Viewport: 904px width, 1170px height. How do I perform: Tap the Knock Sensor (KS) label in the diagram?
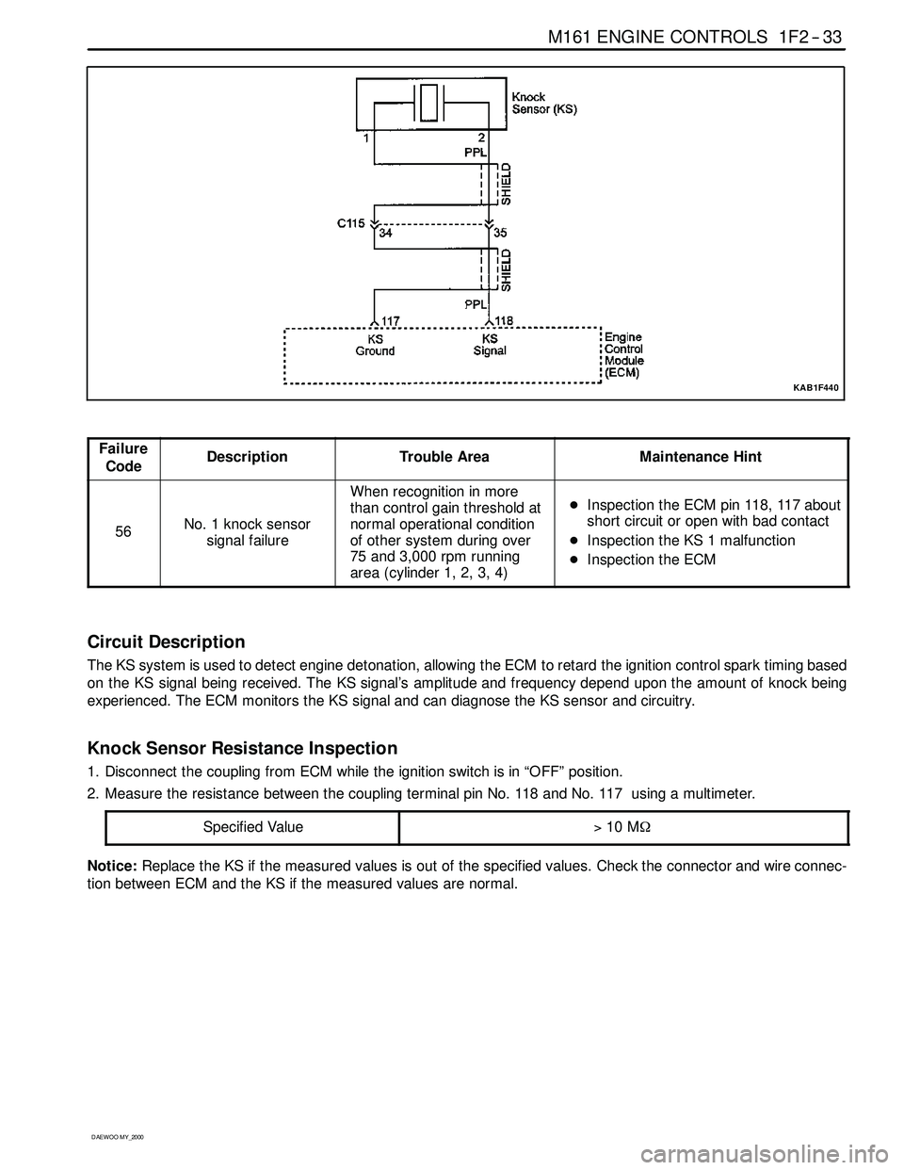pos(544,102)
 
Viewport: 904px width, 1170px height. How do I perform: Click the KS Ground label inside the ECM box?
pos(375,345)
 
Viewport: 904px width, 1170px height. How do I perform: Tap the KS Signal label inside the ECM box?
pos(490,345)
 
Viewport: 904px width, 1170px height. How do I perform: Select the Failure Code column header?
pos(123,458)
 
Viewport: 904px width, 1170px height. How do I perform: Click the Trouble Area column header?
pos(444,457)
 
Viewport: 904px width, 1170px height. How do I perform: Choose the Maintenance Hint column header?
pos(701,457)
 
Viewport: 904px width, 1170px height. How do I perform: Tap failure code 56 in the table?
pos(123,531)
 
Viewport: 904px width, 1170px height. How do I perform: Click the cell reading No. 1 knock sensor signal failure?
pos(248,532)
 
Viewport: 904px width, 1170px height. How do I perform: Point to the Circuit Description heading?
pos(166,642)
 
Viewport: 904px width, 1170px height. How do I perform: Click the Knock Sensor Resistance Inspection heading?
pos(242,749)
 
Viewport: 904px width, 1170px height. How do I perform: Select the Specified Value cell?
pos(253,827)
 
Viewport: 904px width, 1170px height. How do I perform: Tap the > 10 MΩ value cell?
pos(623,827)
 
